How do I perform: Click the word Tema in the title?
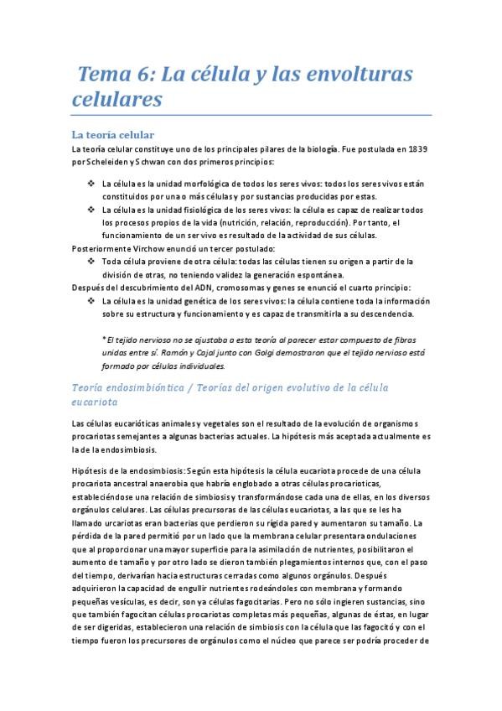tap(99, 75)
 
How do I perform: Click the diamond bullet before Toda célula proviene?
tap(91, 262)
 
